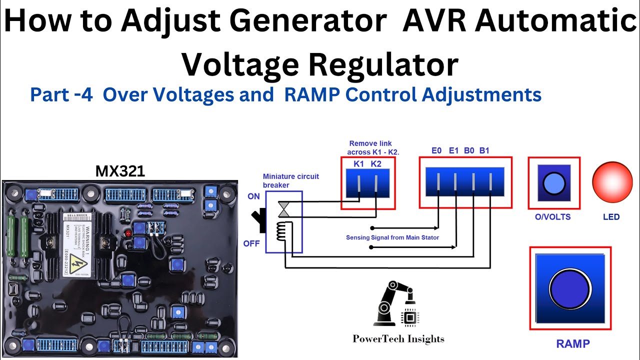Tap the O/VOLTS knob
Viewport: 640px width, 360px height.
click(x=554, y=183)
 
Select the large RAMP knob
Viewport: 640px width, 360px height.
click(x=570, y=288)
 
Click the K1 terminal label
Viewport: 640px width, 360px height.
click(x=358, y=163)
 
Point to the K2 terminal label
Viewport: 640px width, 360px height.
click(x=376, y=163)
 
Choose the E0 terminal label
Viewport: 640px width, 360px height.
click(x=436, y=150)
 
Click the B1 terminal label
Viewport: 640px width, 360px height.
click(x=484, y=150)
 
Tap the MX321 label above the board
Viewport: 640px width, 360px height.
click(x=120, y=171)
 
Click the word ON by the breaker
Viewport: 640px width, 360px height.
click(x=253, y=196)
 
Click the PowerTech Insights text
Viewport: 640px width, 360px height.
click(x=398, y=338)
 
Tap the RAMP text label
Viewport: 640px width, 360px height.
click(x=572, y=343)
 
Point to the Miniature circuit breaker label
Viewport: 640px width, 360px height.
click(x=290, y=180)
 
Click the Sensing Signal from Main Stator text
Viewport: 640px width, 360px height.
click(x=392, y=237)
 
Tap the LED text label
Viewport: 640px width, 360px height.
click(x=611, y=217)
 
